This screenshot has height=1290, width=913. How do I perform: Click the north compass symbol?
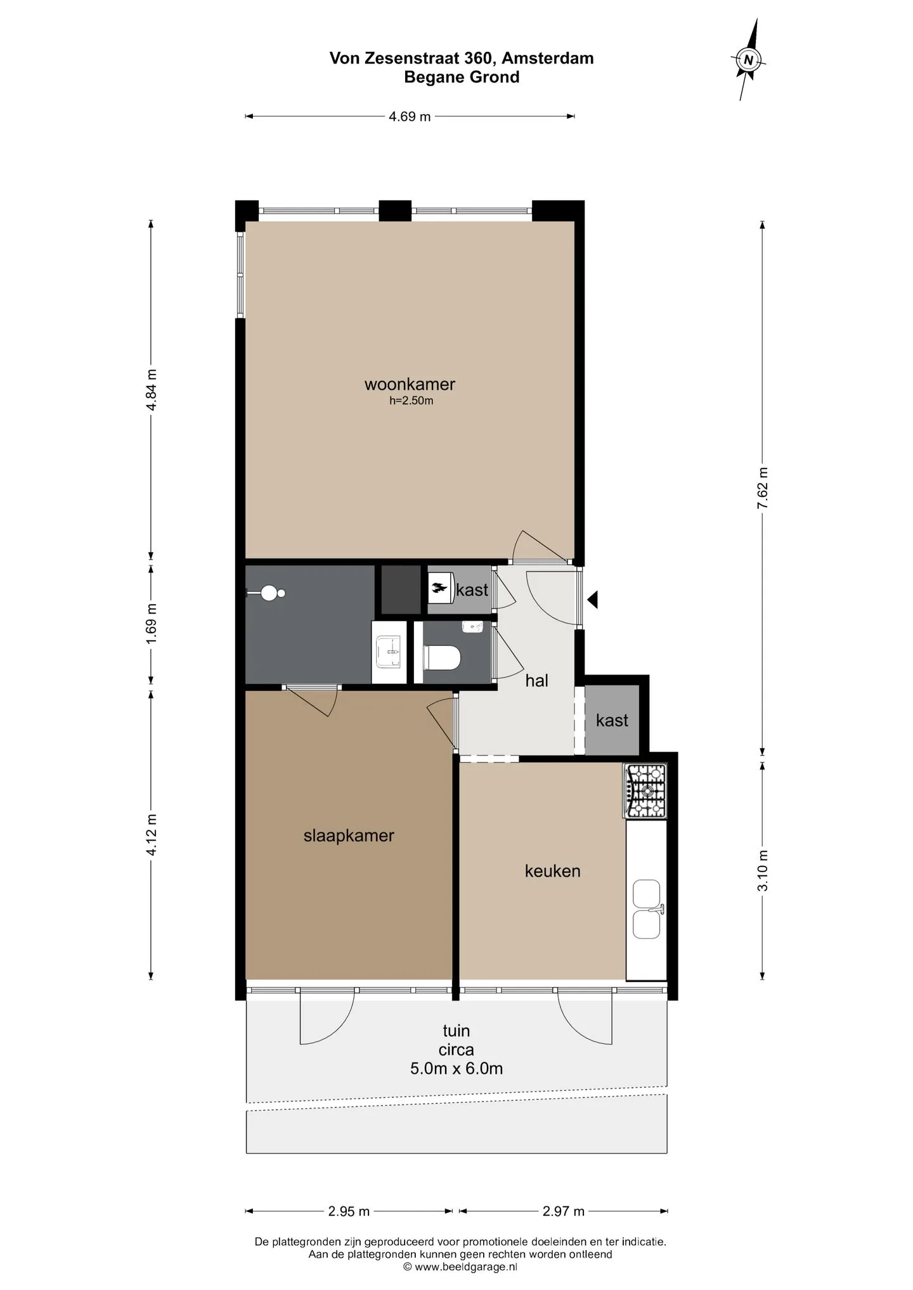(749, 60)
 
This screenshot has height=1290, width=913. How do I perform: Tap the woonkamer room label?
(410, 384)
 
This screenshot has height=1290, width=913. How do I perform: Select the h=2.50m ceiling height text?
(411, 401)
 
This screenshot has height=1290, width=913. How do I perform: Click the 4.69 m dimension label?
(410, 117)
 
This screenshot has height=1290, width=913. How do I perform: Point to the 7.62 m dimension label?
(763, 487)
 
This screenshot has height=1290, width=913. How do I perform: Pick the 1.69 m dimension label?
(152, 624)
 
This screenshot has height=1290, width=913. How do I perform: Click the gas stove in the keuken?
(645, 790)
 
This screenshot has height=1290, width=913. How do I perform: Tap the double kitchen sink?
(647, 910)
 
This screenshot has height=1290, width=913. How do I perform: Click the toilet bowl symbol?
(441, 657)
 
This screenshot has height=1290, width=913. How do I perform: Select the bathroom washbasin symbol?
(389, 652)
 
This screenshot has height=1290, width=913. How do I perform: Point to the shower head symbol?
(267, 593)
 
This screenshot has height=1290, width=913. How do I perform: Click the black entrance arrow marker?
(592, 599)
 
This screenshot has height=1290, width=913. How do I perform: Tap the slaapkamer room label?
(349, 835)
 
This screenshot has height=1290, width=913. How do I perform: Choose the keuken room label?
(552, 871)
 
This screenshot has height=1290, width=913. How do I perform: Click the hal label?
(536, 681)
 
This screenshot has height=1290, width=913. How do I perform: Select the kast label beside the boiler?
(472, 590)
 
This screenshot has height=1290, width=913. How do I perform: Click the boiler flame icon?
(439, 590)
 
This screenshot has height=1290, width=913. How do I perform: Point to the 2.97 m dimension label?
(563, 1211)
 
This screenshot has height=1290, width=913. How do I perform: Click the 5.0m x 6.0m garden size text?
(456, 1069)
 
